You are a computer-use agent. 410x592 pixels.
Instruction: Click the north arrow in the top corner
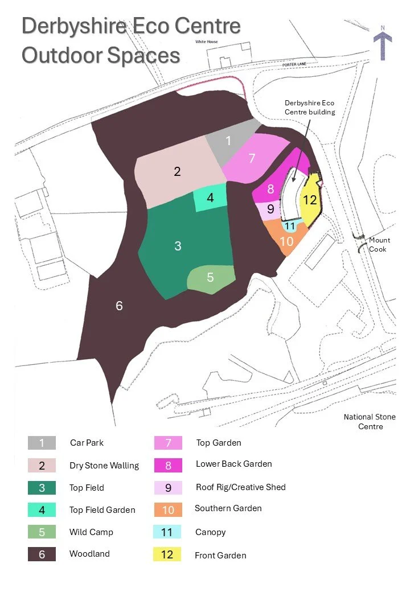[383, 44]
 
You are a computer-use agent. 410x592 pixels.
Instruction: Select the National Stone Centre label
[370, 422]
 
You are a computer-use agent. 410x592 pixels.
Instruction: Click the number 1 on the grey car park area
[229, 141]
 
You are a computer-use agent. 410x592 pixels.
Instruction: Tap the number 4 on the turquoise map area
[210, 198]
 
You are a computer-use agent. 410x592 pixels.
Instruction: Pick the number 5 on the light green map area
[210, 277]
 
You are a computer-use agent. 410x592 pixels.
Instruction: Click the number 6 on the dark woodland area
[119, 306]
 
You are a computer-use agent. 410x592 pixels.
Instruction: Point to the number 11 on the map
[290, 226]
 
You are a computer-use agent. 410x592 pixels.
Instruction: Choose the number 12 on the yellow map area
[310, 200]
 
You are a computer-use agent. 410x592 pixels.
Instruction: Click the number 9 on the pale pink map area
[270, 209]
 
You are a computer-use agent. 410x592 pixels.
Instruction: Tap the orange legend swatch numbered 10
[168, 509]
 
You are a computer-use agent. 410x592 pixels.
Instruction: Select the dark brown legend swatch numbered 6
[42, 554]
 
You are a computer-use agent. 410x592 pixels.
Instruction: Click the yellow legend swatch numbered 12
[167, 554]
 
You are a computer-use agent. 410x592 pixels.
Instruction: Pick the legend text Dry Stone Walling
[104, 466]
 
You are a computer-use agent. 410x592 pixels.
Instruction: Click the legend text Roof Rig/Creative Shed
[240, 487]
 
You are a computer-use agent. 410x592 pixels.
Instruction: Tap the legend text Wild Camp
[91, 532]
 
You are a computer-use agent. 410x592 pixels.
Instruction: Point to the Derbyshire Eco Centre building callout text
[310, 108]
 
